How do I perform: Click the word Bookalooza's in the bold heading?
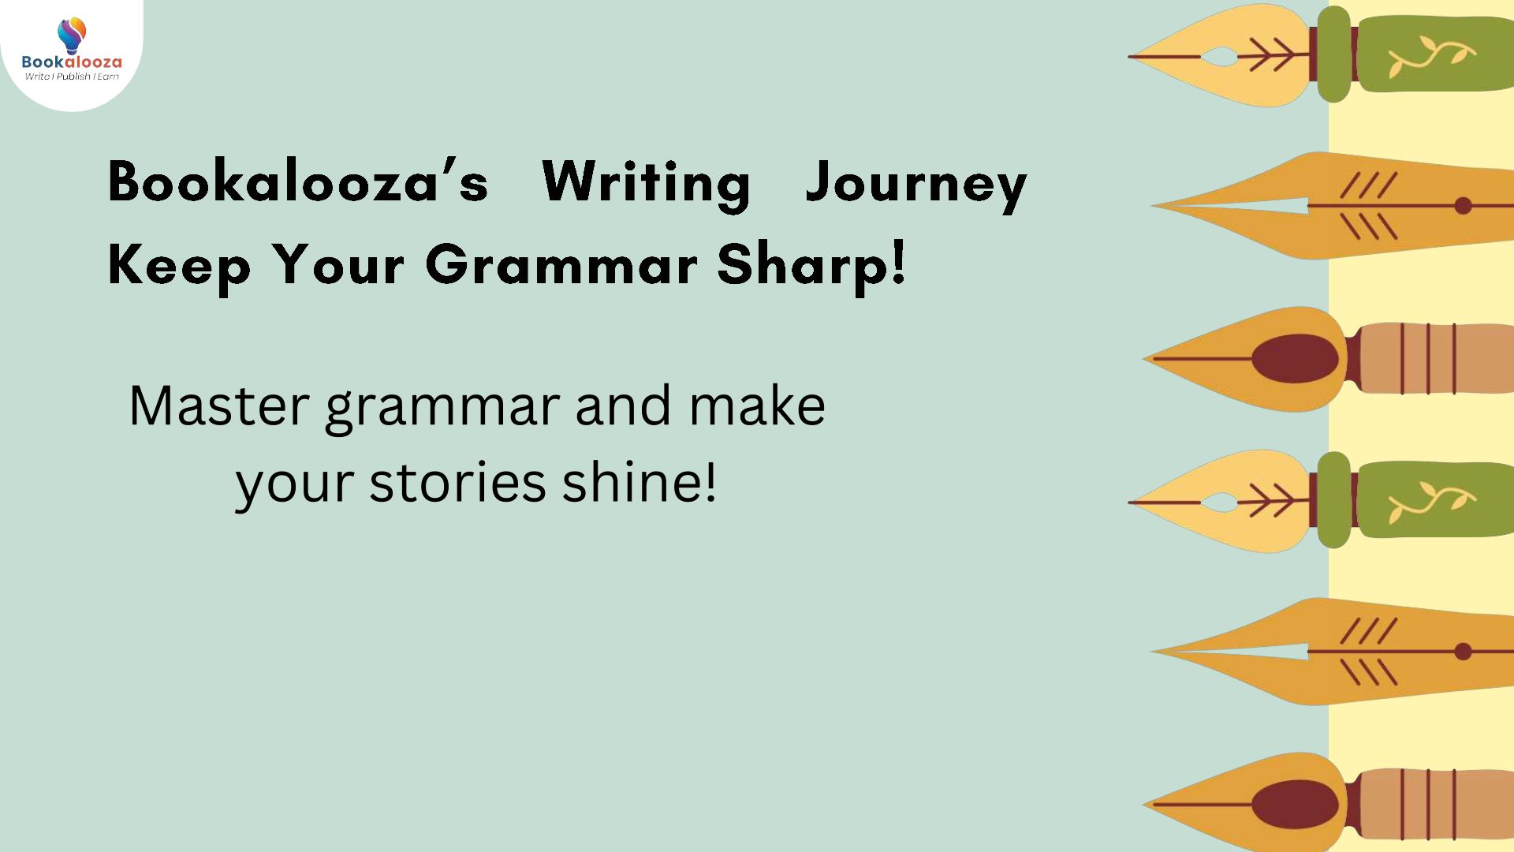(x=298, y=181)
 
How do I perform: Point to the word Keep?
(x=179, y=267)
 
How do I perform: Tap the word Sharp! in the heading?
(x=812, y=267)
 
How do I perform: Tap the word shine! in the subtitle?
(x=640, y=481)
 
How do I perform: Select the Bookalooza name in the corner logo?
(x=72, y=62)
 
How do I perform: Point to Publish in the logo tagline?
(x=73, y=77)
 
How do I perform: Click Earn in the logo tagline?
(x=108, y=77)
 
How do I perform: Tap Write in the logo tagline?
(x=37, y=77)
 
